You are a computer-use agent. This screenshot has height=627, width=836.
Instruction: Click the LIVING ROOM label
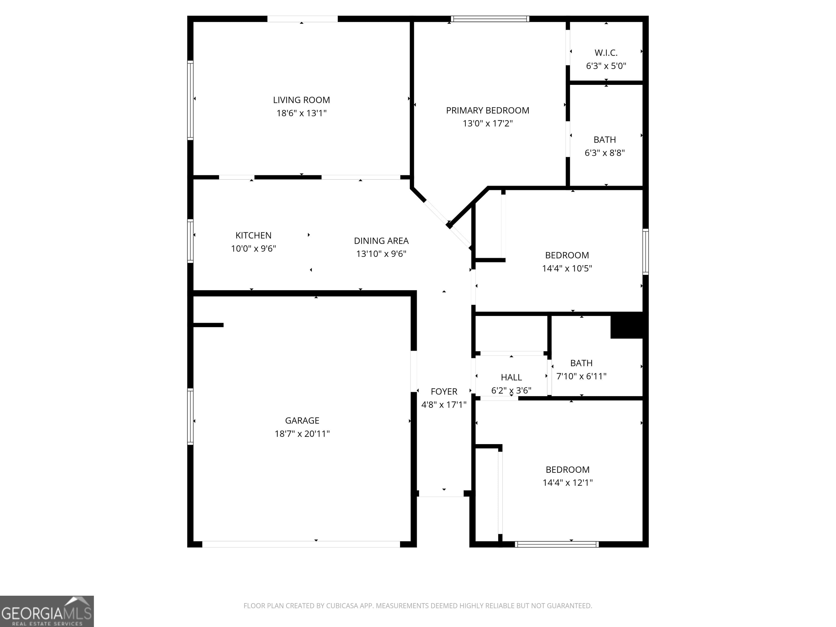pyautogui.click(x=301, y=100)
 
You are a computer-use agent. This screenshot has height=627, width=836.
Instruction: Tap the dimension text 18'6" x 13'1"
pyautogui.click(x=301, y=113)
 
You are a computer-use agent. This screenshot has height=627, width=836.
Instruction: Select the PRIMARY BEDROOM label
pyautogui.click(x=488, y=110)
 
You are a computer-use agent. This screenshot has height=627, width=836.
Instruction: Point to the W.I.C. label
pyautogui.click(x=606, y=53)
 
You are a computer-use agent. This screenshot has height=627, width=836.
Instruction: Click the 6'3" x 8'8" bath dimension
pyautogui.click(x=605, y=153)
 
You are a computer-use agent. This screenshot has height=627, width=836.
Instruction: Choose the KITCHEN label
pyautogui.click(x=253, y=235)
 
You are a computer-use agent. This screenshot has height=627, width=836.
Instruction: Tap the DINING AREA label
pyautogui.click(x=381, y=241)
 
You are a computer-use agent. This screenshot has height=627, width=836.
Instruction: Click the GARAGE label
pyautogui.click(x=302, y=420)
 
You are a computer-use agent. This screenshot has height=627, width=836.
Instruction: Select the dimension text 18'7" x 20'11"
pyautogui.click(x=302, y=434)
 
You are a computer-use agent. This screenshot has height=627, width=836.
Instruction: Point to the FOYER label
pyautogui.click(x=444, y=392)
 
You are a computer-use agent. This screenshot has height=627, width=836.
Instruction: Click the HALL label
pyautogui.click(x=511, y=377)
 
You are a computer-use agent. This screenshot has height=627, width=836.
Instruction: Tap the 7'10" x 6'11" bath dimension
pyautogui.click(x=581, y=376)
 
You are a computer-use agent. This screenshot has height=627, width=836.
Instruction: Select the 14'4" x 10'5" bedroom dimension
pyautogui.click(x=567, y=268)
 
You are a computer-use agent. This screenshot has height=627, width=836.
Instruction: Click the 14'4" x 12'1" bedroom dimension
pyautogui.click(x=567, y=482)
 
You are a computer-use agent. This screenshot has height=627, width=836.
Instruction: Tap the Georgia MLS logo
pyautogui.click(x=47, y=611)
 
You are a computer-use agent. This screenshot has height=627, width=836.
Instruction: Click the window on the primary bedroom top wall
pyautogui.click(x=490, y=19)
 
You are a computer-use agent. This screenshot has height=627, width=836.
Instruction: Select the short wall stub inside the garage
pyautogui.click(x=208, y=325)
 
